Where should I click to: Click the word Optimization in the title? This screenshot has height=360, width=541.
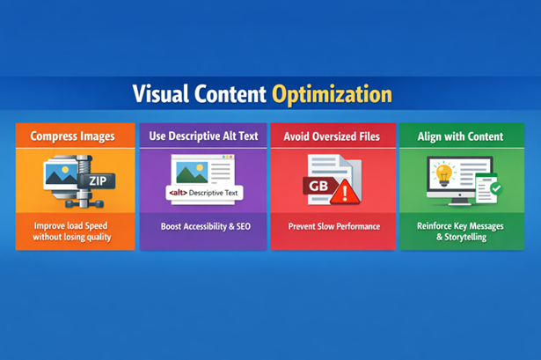331,94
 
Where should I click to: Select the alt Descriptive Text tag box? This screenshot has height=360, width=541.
204,191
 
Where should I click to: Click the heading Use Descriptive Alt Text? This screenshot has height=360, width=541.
202,136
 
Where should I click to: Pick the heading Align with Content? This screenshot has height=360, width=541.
461,136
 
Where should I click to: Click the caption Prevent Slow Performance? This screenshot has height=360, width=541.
333,226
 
